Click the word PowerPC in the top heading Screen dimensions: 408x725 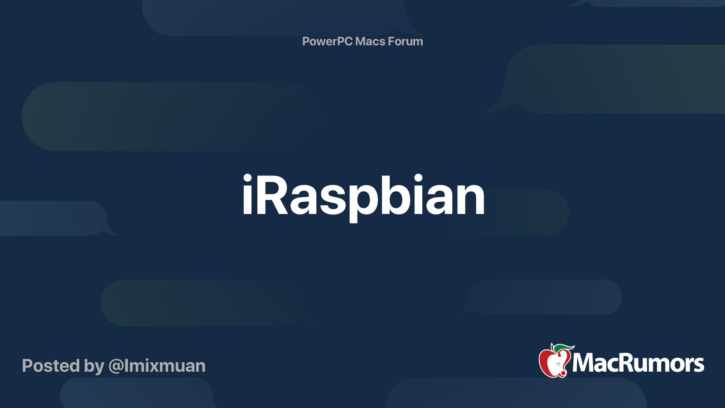click(327, 42)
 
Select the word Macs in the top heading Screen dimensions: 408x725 click(370, 42)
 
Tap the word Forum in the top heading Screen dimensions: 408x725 click(405, 42)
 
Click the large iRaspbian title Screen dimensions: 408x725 click(363, 196)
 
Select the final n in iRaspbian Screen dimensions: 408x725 click(471, 199)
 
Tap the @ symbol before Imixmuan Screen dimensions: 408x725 click(116, 366)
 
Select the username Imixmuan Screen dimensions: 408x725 click(164, 366)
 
